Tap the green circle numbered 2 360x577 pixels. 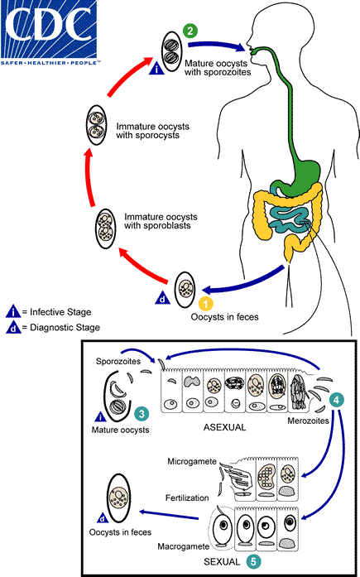click(x=190, y=31)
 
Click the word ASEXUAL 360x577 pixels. click(x=213, y=429)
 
